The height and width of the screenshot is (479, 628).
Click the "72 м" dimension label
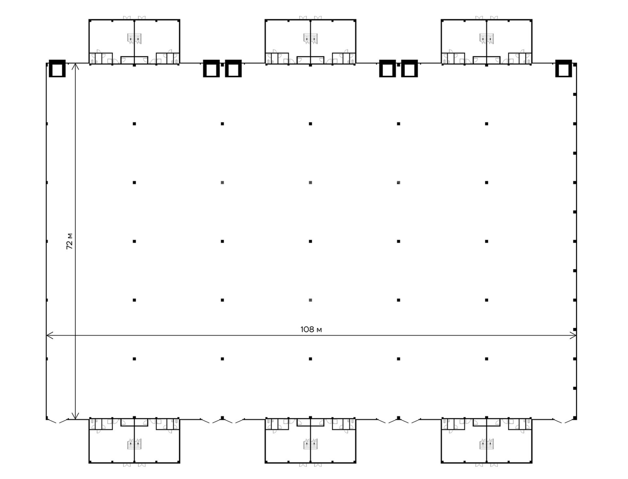(69, 241)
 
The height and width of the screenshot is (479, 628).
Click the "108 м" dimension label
(311, 329)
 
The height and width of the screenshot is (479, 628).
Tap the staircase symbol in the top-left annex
(134, 38)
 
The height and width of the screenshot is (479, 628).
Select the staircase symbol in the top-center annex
(310, 38)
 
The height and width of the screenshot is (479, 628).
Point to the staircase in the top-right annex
(487, 38)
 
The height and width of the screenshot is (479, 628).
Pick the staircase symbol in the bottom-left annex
(134, 444)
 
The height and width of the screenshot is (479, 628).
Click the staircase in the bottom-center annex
(310, 444)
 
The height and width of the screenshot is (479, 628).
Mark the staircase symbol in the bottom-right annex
(487, 444)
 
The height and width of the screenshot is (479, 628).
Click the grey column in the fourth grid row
(310, 300)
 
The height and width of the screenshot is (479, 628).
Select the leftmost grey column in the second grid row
(222, 182)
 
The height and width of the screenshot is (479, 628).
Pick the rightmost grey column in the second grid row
(398, 182)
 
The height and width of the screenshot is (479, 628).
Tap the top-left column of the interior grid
(134, 124)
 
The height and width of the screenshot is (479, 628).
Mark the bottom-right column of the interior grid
(487, 359)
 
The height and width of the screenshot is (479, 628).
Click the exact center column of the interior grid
(310, 241)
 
